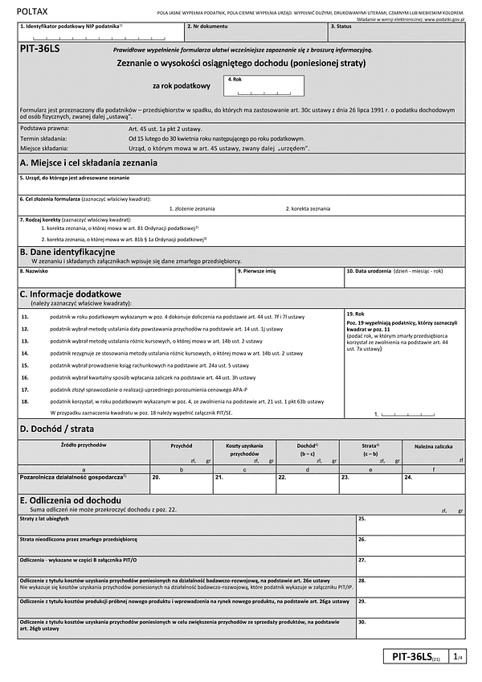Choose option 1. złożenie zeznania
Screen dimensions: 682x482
(x=192, y=208)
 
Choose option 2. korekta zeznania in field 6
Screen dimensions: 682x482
(x=308, y=208)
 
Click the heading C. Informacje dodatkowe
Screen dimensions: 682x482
(x=71, y=294)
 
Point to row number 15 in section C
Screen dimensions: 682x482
(x=25, y=365)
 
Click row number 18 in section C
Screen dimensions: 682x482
(x=25, y=401)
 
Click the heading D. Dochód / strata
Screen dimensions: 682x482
(x=57, y=429)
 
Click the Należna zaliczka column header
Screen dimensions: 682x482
(x=433, y=445)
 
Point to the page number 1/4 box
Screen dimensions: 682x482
(x=456, y=658)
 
